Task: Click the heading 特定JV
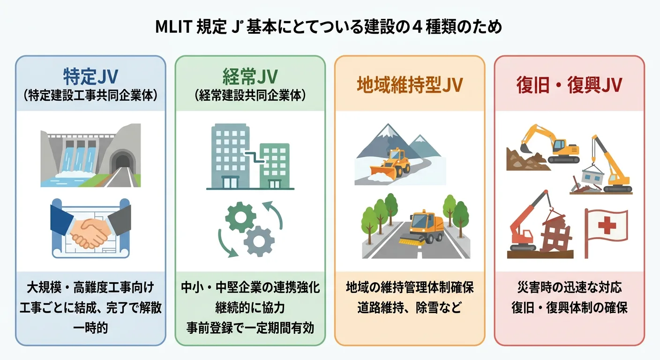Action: pyautogui.click(x=90, y=76)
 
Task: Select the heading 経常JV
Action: pyautogui.click(x=250, y=76)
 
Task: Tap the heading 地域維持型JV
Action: pyautogui.click(x=409, y=85)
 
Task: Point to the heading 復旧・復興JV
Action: pyautogui.click(x=569, y=85)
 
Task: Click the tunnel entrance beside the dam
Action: pyautogui.click(x=123, y=161)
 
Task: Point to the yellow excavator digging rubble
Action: pyautogui.click(x=548, y=143)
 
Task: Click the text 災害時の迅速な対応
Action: pyautogui.click(x=569, y=287)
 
